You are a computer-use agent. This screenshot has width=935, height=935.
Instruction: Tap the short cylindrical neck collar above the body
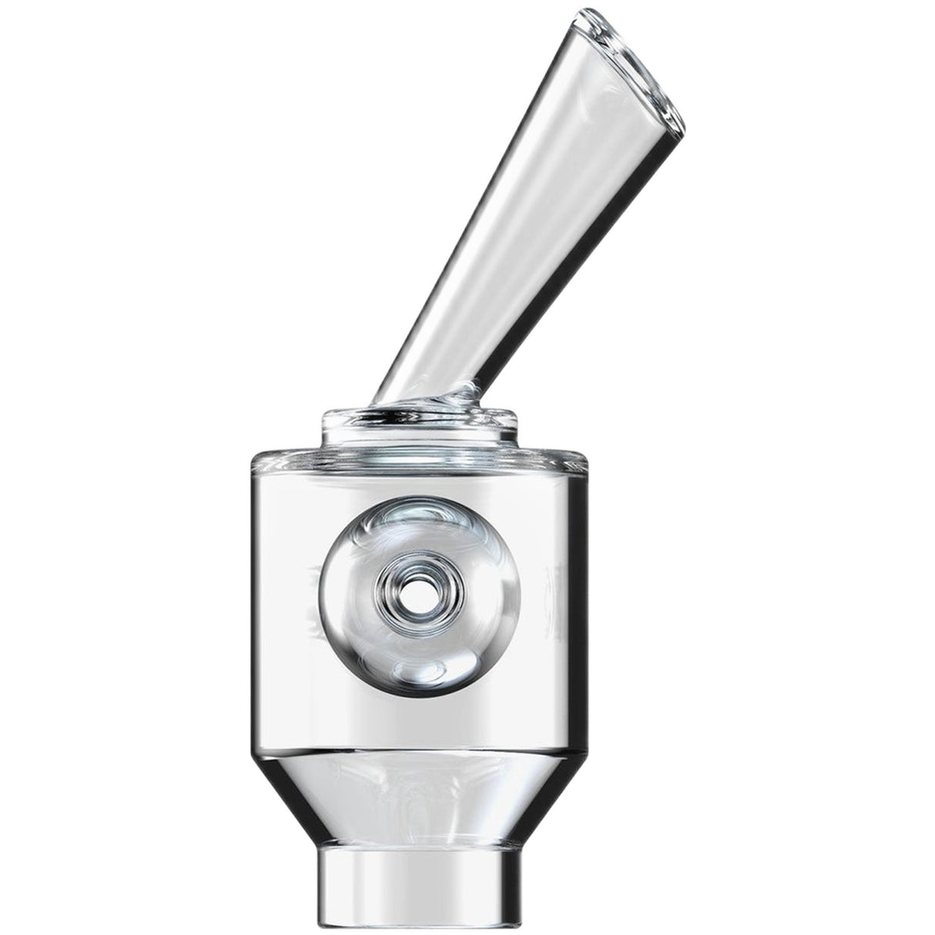click(420, 431)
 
